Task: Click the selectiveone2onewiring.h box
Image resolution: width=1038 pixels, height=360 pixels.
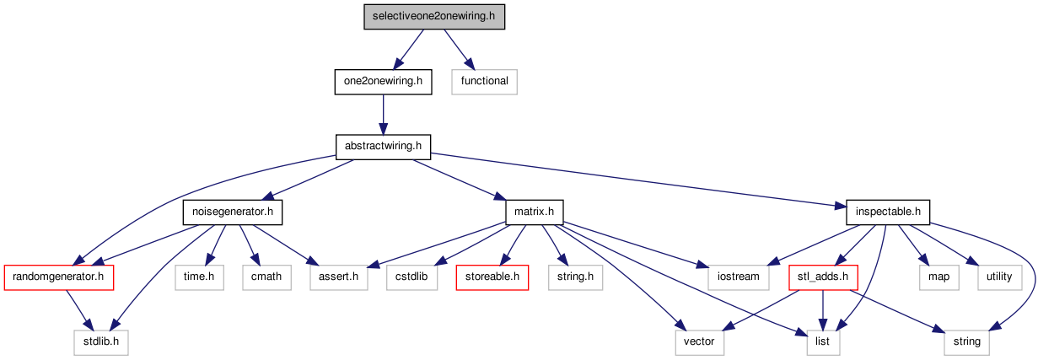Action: point(434,17)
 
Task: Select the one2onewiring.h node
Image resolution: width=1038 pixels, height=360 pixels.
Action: point(383,82)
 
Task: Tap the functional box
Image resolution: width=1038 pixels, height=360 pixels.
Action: point(484,82)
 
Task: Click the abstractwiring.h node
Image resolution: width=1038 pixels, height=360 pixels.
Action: point(383,147)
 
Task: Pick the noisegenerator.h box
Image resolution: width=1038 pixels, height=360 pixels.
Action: point(233,212)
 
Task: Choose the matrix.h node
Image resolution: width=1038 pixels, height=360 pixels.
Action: point(535,212)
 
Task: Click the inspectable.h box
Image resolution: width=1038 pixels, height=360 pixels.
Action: point(888,212)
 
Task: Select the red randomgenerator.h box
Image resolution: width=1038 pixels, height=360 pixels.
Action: point(59,277)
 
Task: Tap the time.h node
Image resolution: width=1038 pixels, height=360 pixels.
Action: point(199,277)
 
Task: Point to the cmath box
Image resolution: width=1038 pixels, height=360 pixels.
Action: point(267,277)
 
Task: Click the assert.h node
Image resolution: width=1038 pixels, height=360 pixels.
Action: point(339,277)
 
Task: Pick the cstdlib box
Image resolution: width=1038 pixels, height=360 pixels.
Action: point(411,277)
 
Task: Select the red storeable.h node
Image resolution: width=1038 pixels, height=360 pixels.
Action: point(492,277)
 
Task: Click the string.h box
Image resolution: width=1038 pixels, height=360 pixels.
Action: point(576,277)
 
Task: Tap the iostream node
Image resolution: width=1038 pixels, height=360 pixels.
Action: point(738,277)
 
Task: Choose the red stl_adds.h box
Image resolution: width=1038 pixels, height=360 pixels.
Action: point(823,277)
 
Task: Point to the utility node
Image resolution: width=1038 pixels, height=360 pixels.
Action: point(999,277)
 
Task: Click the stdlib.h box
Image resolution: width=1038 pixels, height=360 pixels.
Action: point(101,342)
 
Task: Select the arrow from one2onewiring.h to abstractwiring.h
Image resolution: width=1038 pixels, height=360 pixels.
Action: point(383,115)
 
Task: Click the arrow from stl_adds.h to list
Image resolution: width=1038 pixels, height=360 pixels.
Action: point(822,310)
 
